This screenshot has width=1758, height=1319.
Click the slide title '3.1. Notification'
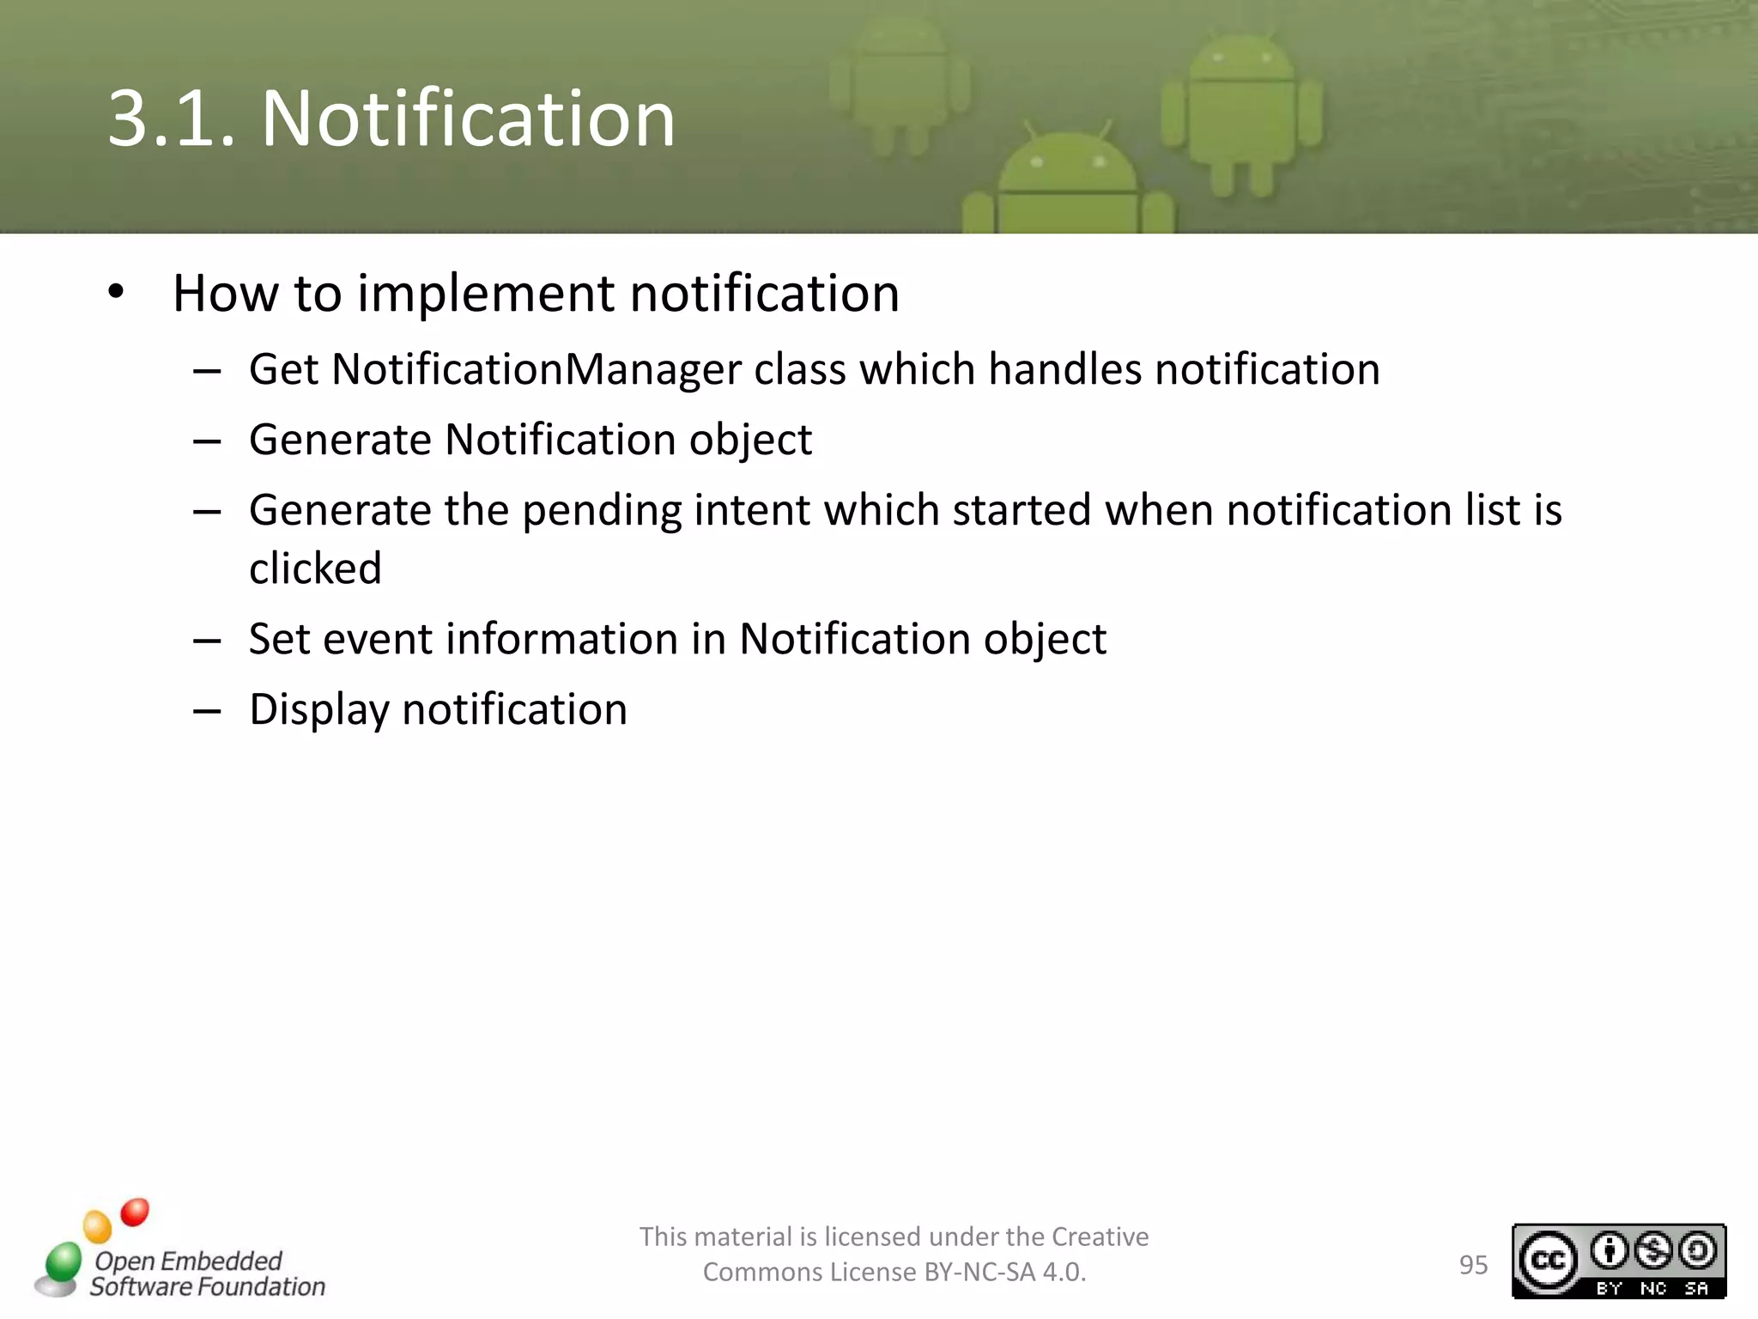pos(391,119)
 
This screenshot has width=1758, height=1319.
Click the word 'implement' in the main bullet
pos(486,294)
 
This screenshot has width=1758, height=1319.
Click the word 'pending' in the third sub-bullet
pos(601,511)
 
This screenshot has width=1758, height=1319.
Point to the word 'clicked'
pos(315,568)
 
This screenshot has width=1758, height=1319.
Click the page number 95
pos(1473,1265)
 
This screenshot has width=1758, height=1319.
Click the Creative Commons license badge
pos(1618,1261)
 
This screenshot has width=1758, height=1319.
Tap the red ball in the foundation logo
pos(135,1213)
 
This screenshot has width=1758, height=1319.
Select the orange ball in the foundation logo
pos(97,1226)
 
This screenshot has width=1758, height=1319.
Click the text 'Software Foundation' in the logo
pos(208,1286)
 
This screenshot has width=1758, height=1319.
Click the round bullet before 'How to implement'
pos(116,292)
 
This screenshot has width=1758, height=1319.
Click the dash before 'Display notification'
pos(207,711)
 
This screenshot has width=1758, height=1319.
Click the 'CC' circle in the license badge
pos(1548,1261)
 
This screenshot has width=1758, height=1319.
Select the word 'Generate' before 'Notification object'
pos(340,441)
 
